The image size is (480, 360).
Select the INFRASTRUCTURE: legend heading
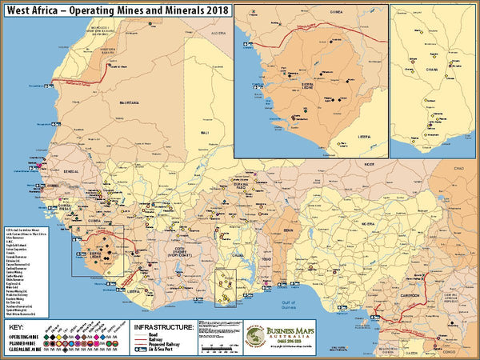(163, 327)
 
